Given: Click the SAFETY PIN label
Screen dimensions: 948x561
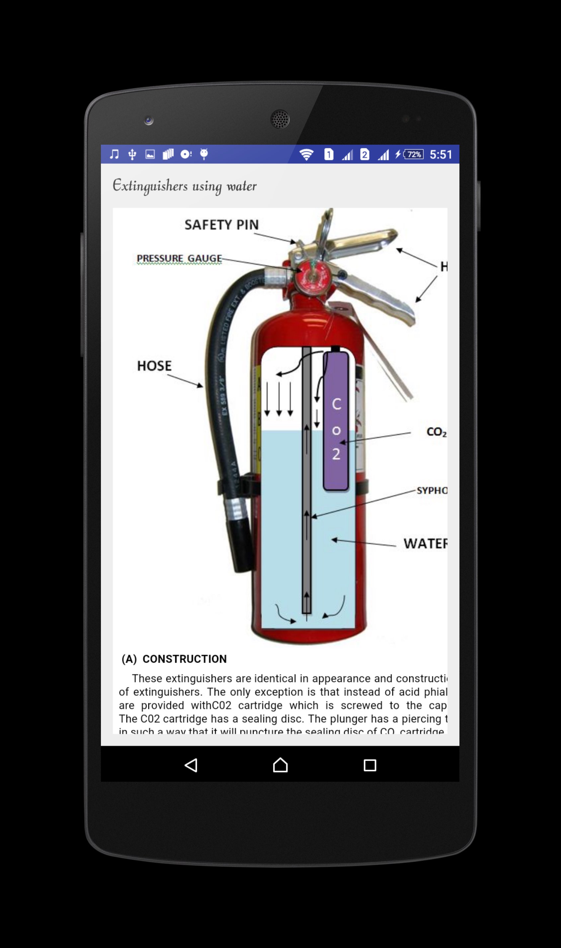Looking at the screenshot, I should click(x=221, y=225).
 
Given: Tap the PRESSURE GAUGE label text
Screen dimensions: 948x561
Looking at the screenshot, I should click(x=179, y=258).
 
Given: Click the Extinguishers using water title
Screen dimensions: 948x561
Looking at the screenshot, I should click(x=185, y=186).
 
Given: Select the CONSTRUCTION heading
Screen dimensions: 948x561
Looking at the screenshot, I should click(x=184, y=659).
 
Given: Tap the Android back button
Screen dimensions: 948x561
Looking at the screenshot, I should click(x=191, y=765).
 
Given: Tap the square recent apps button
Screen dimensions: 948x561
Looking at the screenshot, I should click(x=370, y=765).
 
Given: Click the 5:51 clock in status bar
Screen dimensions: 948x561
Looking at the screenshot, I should click(x=441, y=155).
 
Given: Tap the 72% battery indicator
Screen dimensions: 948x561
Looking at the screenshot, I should click(x=414, y=155).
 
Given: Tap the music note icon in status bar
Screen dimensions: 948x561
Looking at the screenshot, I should click(x=114, y=154).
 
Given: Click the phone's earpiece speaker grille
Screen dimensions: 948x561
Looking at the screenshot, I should click(x=280, y=119).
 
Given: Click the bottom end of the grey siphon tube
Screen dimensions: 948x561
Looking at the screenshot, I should click(x=307, y=610).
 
